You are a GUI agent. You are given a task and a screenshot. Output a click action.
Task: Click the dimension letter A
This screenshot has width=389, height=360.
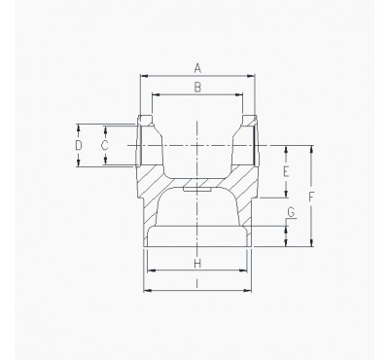[197, 67]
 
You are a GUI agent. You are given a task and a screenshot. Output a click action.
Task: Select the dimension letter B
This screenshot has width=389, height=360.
[197, 88]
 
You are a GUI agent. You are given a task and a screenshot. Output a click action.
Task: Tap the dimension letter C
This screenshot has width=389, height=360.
[104, 145]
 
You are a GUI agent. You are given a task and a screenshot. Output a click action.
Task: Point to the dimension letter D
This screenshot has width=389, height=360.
[79, 145]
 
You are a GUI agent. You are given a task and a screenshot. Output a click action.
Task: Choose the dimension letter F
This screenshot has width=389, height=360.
[310, 197]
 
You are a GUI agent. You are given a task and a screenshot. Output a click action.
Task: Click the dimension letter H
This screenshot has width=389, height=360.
[197, 264]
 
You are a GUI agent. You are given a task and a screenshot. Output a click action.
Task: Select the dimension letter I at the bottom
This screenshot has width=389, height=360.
[197, 283]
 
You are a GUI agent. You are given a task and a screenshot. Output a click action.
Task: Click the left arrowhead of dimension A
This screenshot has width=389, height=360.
[144, 75]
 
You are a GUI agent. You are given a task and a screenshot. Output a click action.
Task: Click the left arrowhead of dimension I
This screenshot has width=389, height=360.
[145, 290]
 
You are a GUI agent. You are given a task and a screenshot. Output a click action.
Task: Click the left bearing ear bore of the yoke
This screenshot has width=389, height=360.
[148, 146]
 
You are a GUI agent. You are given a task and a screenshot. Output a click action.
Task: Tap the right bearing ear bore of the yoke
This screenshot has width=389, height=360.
[250, 146]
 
